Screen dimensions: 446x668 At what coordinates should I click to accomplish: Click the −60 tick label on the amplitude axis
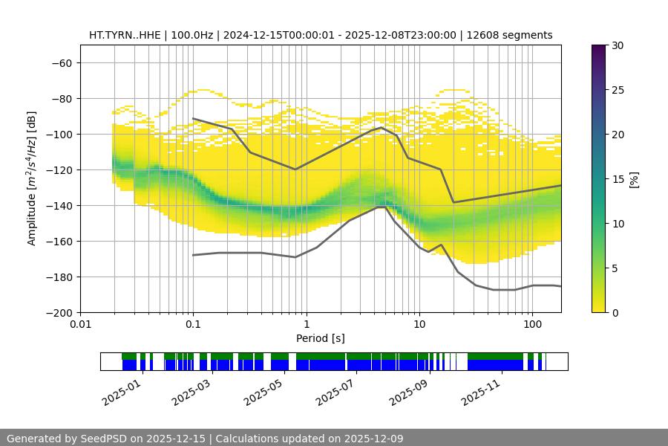pos(61,62)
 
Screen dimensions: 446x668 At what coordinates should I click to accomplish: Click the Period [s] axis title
pos(320,338)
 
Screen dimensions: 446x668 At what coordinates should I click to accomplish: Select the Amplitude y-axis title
pos(32,178)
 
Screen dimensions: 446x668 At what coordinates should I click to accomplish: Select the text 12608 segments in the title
pos(514,35)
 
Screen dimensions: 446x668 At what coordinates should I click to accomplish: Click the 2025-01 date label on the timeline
pos(119,393)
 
